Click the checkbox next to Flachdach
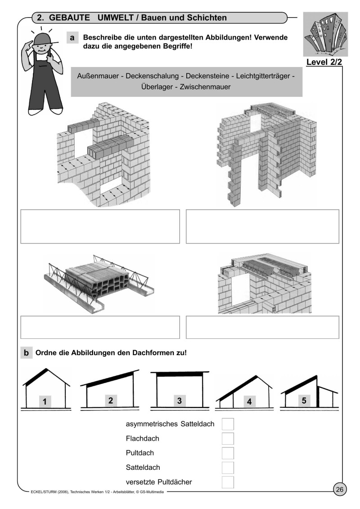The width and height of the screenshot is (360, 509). pos(228,438)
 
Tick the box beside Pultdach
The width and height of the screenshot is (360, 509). pos(228,453)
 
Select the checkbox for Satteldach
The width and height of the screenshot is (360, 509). pos(228,468)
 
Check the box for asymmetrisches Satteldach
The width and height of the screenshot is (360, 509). pos(228,424)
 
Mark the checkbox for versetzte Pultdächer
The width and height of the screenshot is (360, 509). pos(228,482)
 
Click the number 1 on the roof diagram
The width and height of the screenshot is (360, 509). pos(45,401)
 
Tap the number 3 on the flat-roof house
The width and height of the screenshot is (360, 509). pos(179,401)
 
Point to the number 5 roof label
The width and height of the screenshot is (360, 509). pos(304,401)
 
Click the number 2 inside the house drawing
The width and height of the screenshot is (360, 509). pos(111,400)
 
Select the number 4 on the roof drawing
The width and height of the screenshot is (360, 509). pos(249,401)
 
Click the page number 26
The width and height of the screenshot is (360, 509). pos(340,489)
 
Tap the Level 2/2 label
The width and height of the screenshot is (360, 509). pos(324,62)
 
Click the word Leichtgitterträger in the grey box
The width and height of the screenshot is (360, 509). pos(263,77)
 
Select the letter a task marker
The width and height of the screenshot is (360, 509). pos(72,38)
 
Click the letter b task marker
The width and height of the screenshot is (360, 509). pos(26,353)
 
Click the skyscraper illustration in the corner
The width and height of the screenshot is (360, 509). pos(325,34)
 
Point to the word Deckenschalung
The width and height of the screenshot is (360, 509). pos(152,77)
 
